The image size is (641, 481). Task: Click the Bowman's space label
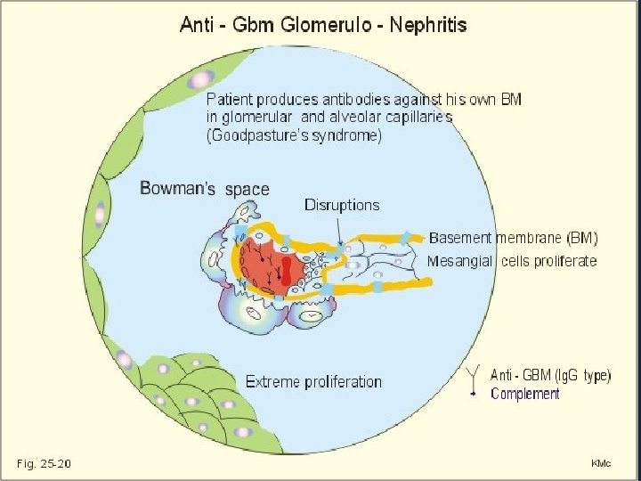(204, 189)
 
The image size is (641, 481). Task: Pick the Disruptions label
(342, 205)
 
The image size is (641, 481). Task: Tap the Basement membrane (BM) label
(513, 238)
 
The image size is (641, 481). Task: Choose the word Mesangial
(460, 261)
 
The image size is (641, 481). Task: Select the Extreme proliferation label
(312, 382)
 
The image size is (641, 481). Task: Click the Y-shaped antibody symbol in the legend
(474, 376)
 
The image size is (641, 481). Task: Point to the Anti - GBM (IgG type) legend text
(551, 376)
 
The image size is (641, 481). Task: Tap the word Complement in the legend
(525, 394)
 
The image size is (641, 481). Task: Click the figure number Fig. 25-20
(44, 463)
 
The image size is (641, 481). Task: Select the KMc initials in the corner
(602, 463)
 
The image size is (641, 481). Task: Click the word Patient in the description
(231, 97)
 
